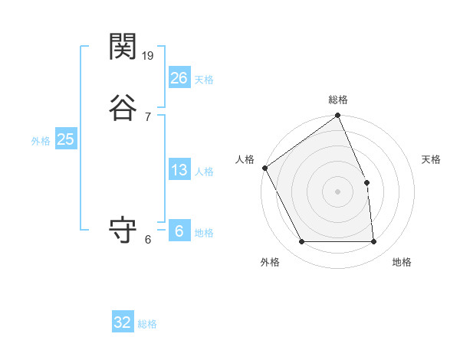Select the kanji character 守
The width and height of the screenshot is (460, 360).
(123, 231)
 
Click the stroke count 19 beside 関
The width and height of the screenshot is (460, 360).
(149, 55)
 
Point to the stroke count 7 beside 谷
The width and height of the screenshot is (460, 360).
(147, 116)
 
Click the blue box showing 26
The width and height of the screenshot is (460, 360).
(179, 78)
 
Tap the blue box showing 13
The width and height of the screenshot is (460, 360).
(179, 170)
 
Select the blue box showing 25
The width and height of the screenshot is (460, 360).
(65, 139)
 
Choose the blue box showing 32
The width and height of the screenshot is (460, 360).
(123, 322)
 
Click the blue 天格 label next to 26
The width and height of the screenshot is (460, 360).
(204, 80)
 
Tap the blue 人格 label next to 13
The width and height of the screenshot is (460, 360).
(204, 172)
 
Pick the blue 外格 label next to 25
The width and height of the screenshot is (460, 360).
(41, 141)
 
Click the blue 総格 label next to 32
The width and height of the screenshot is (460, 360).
(147, 324)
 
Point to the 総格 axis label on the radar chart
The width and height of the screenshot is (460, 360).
(338, 100)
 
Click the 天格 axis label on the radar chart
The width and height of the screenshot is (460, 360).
(431, 159)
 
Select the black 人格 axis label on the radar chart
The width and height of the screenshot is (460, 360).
(245, 159)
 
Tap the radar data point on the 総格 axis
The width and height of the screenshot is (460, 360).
(338, 116)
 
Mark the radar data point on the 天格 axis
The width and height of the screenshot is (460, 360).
(367, 182)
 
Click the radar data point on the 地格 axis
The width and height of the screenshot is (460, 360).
(374, 242)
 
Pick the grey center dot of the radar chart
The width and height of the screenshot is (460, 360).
(338, 191)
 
